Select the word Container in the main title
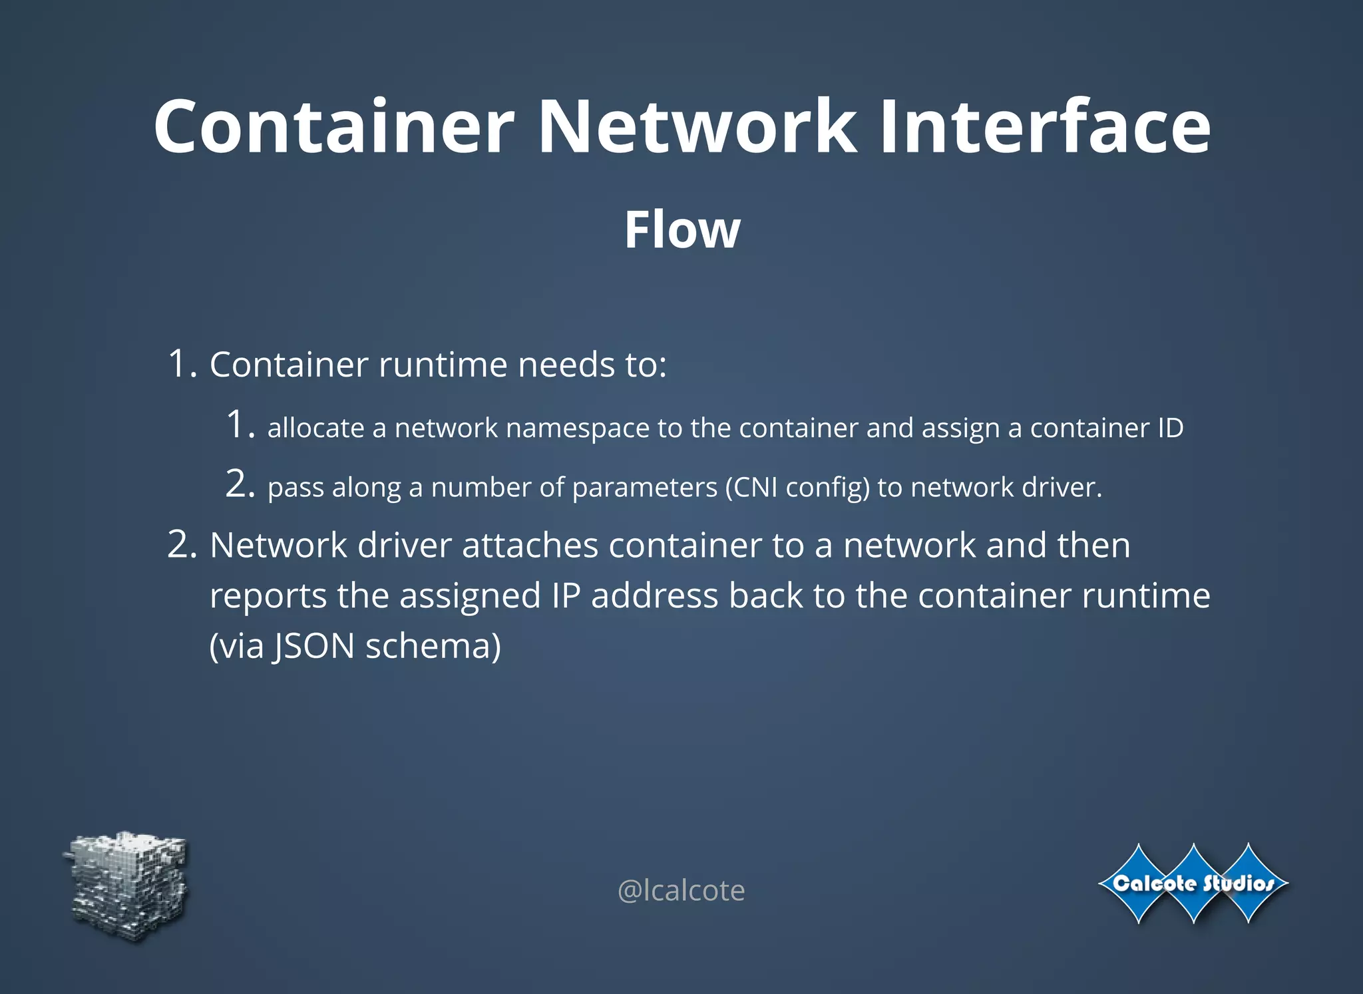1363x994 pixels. (334, 126)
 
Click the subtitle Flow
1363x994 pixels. (682, 230)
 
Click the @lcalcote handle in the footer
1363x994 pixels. (681, 890)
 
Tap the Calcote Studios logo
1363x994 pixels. (1193, 884)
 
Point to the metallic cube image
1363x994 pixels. (128, 885)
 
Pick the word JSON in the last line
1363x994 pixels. (313, 646)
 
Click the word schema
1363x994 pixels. (433, 646)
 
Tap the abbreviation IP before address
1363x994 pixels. (566, 595)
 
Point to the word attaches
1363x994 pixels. (530, 546)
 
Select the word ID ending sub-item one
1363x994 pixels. (1170, 428)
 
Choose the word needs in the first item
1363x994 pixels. (566, 365)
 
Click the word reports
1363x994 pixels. (268, 596)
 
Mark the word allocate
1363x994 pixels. (315, 428)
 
